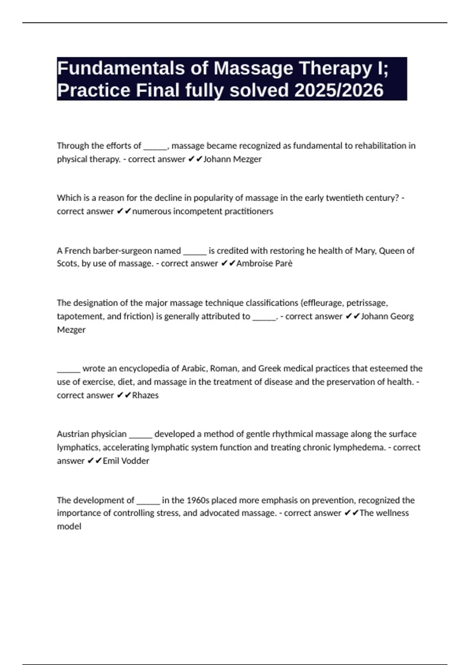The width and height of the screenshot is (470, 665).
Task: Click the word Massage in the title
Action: click(253, 68)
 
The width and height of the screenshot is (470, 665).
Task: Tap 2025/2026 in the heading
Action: click(339, 90)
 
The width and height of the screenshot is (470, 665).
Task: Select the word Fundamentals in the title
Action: click(121, 68)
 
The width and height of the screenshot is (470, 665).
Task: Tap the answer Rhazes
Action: click(145, 395)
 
